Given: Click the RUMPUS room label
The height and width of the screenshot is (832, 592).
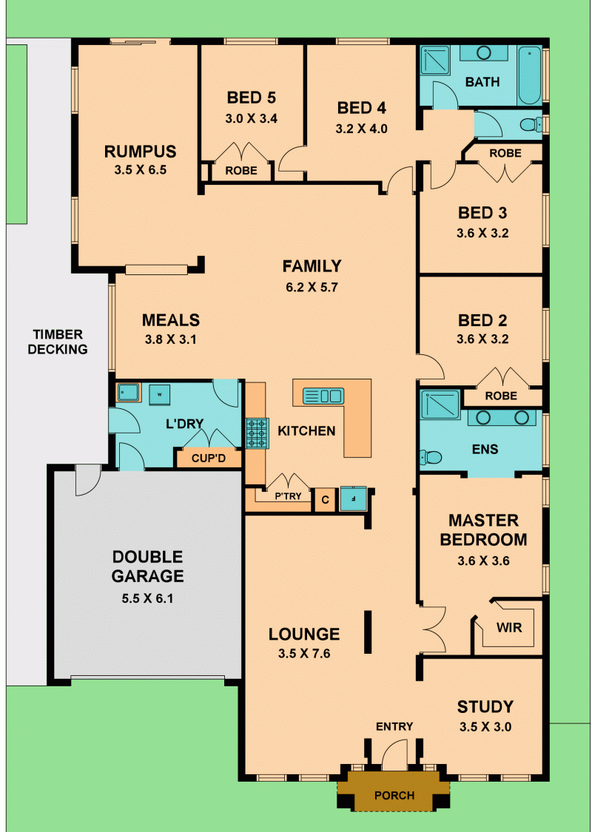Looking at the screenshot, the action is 140,152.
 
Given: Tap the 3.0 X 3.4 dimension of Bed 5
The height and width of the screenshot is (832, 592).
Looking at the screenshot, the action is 251,118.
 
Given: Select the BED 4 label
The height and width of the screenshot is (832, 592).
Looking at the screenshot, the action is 361,108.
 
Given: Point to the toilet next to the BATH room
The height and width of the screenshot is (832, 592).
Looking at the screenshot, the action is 530,125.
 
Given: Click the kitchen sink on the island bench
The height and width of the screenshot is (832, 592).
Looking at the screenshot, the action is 323,396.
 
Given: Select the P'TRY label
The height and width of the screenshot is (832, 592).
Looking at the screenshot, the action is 289,496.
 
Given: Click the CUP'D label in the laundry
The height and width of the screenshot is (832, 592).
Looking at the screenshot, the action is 209,459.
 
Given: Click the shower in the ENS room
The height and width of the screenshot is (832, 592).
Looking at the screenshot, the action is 440,405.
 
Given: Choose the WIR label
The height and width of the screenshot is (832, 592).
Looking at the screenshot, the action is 509,628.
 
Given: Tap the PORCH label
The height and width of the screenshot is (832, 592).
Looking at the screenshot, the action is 394,795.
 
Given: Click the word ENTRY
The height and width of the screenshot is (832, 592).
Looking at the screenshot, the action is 394,726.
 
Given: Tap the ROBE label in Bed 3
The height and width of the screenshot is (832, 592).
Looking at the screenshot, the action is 505,153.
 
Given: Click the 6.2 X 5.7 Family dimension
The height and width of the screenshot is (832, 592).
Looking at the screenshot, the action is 312,288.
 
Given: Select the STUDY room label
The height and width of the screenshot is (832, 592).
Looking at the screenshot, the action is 485,707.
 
